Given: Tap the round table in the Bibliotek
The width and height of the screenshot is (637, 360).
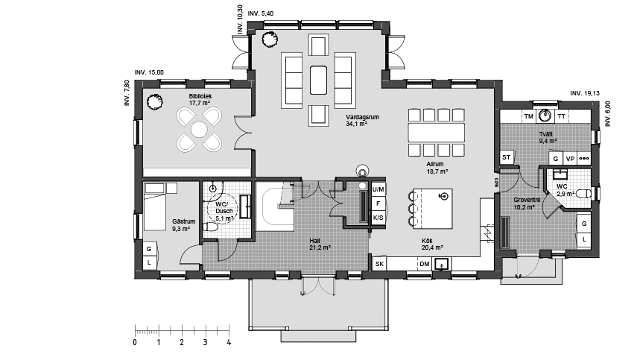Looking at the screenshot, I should pos(198,130).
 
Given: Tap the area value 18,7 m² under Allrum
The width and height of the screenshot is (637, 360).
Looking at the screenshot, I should pos(437,171).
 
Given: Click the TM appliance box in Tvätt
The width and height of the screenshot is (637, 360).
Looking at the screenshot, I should pos(528,116).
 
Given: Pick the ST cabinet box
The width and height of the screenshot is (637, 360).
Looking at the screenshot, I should pos(507,157).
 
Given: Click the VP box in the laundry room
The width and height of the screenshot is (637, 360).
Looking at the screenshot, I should pos(570,158).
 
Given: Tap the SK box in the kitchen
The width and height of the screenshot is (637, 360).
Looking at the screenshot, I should pos(379,264).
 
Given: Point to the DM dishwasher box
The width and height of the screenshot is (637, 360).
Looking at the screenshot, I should pos(424,264).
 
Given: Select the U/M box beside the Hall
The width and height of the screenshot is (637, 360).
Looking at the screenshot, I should pos(378,189).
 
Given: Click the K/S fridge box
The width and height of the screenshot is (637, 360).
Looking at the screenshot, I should pos(378,217).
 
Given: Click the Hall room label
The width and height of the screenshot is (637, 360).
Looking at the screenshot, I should pos(315,241).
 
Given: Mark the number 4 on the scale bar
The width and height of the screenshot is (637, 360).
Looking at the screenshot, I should pos(229,343).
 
